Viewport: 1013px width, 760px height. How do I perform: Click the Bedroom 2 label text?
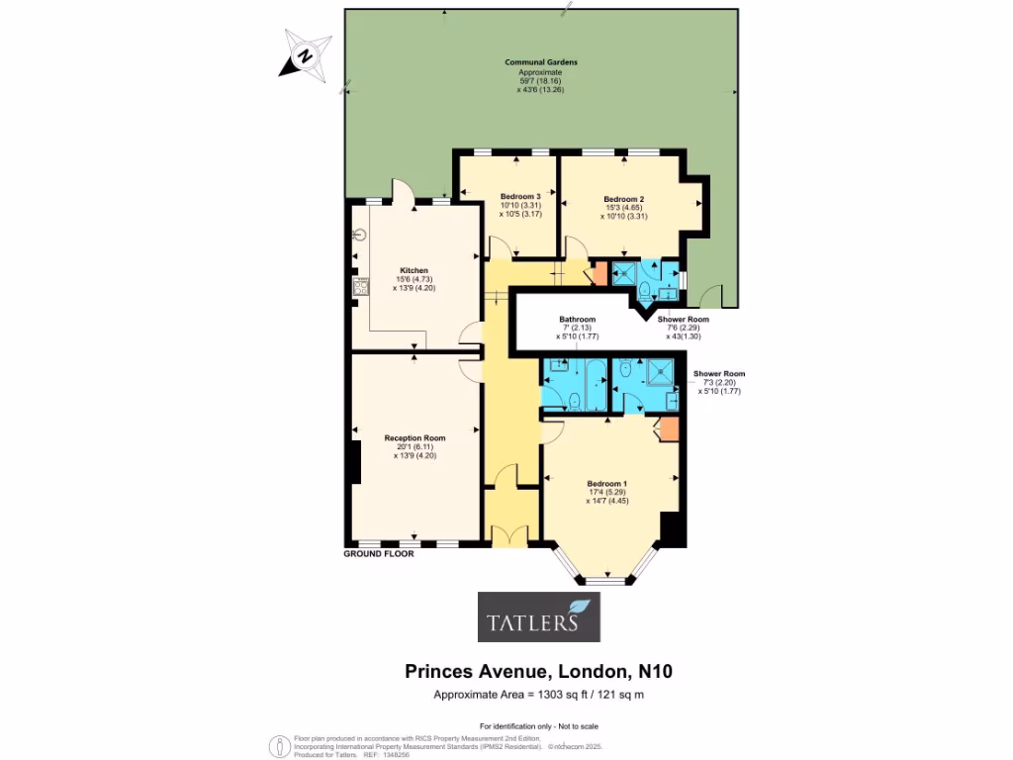pyautogui.click(x=624, y=199)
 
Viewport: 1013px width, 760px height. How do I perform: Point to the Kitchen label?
pyautogui.click(x=414, y=270)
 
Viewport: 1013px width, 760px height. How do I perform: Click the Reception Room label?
pyautogui.click(x=414, y=438)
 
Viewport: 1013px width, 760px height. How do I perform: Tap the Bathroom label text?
pyautogui.click(x=577, y=320)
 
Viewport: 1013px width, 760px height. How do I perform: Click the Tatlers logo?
pyautogui.click(x=539, y=617)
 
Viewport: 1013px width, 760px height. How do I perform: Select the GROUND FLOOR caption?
pyautogui.click(x=379, y=554)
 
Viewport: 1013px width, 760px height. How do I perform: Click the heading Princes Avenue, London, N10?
pyautogui.click(x=539, y=672)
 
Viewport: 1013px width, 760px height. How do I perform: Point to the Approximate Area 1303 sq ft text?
pyautogui.click(x=539, y=695)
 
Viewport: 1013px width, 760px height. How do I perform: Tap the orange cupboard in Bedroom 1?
pyautogui.click(x=669, y=428)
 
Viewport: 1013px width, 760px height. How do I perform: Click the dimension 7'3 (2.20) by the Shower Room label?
pyautogui.click(x=719, y=382)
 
